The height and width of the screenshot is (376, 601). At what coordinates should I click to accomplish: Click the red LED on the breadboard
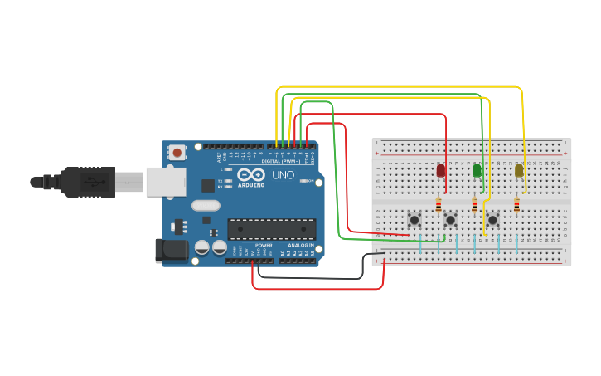[x=440, y=170]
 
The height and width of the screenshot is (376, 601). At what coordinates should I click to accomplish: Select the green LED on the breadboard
[x=476, y=170]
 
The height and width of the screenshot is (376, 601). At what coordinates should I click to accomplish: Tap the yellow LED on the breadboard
[x=519, y=170]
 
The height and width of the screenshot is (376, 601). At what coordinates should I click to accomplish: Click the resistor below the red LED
[x=439, y=204]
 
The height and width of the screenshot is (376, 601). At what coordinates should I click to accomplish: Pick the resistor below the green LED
[x=474, y=204]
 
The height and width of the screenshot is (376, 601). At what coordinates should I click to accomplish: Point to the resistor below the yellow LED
[x=516, y=204]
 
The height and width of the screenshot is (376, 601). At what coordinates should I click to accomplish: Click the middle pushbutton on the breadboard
[x=450, y=220]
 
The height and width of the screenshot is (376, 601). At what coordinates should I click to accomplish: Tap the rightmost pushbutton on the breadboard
[x=492, y=220]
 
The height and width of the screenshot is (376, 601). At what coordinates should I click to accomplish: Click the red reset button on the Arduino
[x=177, y=152]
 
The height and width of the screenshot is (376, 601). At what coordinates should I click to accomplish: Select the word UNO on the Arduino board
[x=284, y=175]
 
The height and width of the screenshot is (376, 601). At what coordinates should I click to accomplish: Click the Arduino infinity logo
[x=250, y=174]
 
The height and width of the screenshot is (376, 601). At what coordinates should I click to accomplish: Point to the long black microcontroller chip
[x=272, y=228]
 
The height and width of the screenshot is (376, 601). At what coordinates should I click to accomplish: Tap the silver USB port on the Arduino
[x=166, y=182]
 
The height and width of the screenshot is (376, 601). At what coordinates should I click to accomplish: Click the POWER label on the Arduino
[x=264, y=246]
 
